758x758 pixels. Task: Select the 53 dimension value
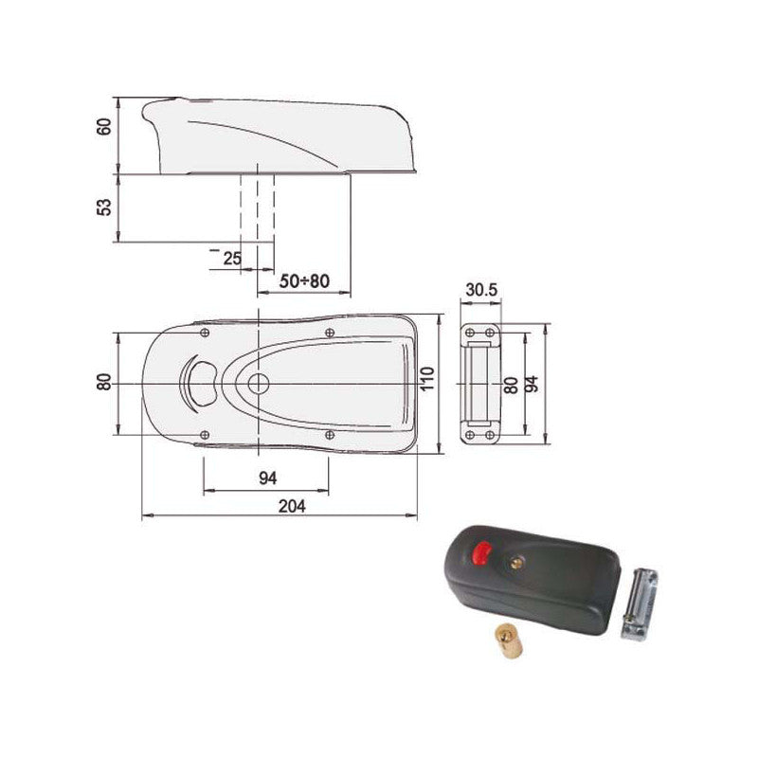(x=104, y=207)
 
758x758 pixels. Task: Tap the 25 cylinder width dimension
(x=231, y=258)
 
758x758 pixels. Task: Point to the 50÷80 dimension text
(x=304, y=281)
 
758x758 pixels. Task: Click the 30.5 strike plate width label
(x=481, y=291)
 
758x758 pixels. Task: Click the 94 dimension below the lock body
(x=268, y=478)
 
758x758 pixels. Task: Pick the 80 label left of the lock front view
(x=104, y=381)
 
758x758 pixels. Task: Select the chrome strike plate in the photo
(x=641, y=604)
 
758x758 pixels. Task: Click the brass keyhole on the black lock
(x=516, y=564)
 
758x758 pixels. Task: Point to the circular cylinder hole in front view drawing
(x=257, y=383)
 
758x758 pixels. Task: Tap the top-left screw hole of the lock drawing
(x=204, y=333)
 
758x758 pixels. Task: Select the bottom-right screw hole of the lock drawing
(x=329, y=434)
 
